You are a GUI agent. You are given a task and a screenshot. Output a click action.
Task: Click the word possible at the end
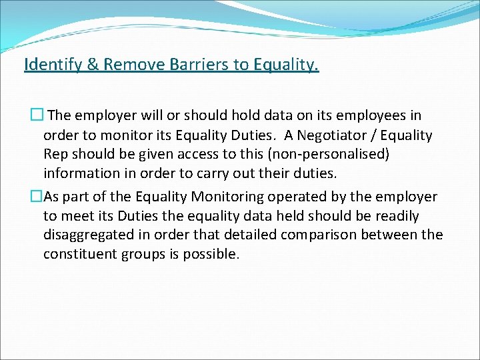pos(213,255)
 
